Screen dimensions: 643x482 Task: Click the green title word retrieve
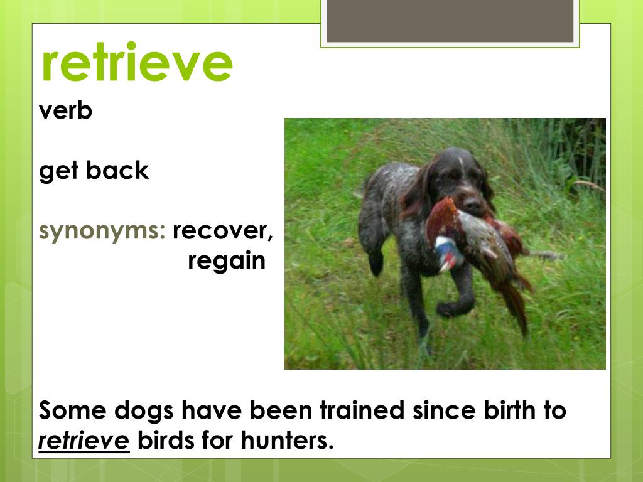tap(137, 62)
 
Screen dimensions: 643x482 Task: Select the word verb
tap(65, 110)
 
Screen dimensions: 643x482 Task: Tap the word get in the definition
tap(58, 171)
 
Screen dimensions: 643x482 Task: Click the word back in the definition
tap(117, 169)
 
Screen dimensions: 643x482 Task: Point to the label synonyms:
tap(102, 231)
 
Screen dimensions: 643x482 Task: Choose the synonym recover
tap(223, 231)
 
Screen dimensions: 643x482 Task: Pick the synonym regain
tap(226, 261)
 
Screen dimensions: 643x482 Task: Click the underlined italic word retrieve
tap(84, 441)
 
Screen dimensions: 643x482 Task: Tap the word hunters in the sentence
tap(287, 440)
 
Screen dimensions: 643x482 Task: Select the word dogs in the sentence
tap(144, 411)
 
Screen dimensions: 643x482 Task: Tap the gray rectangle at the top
tap(450, 21)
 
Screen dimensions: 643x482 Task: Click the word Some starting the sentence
tap(73, 410)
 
